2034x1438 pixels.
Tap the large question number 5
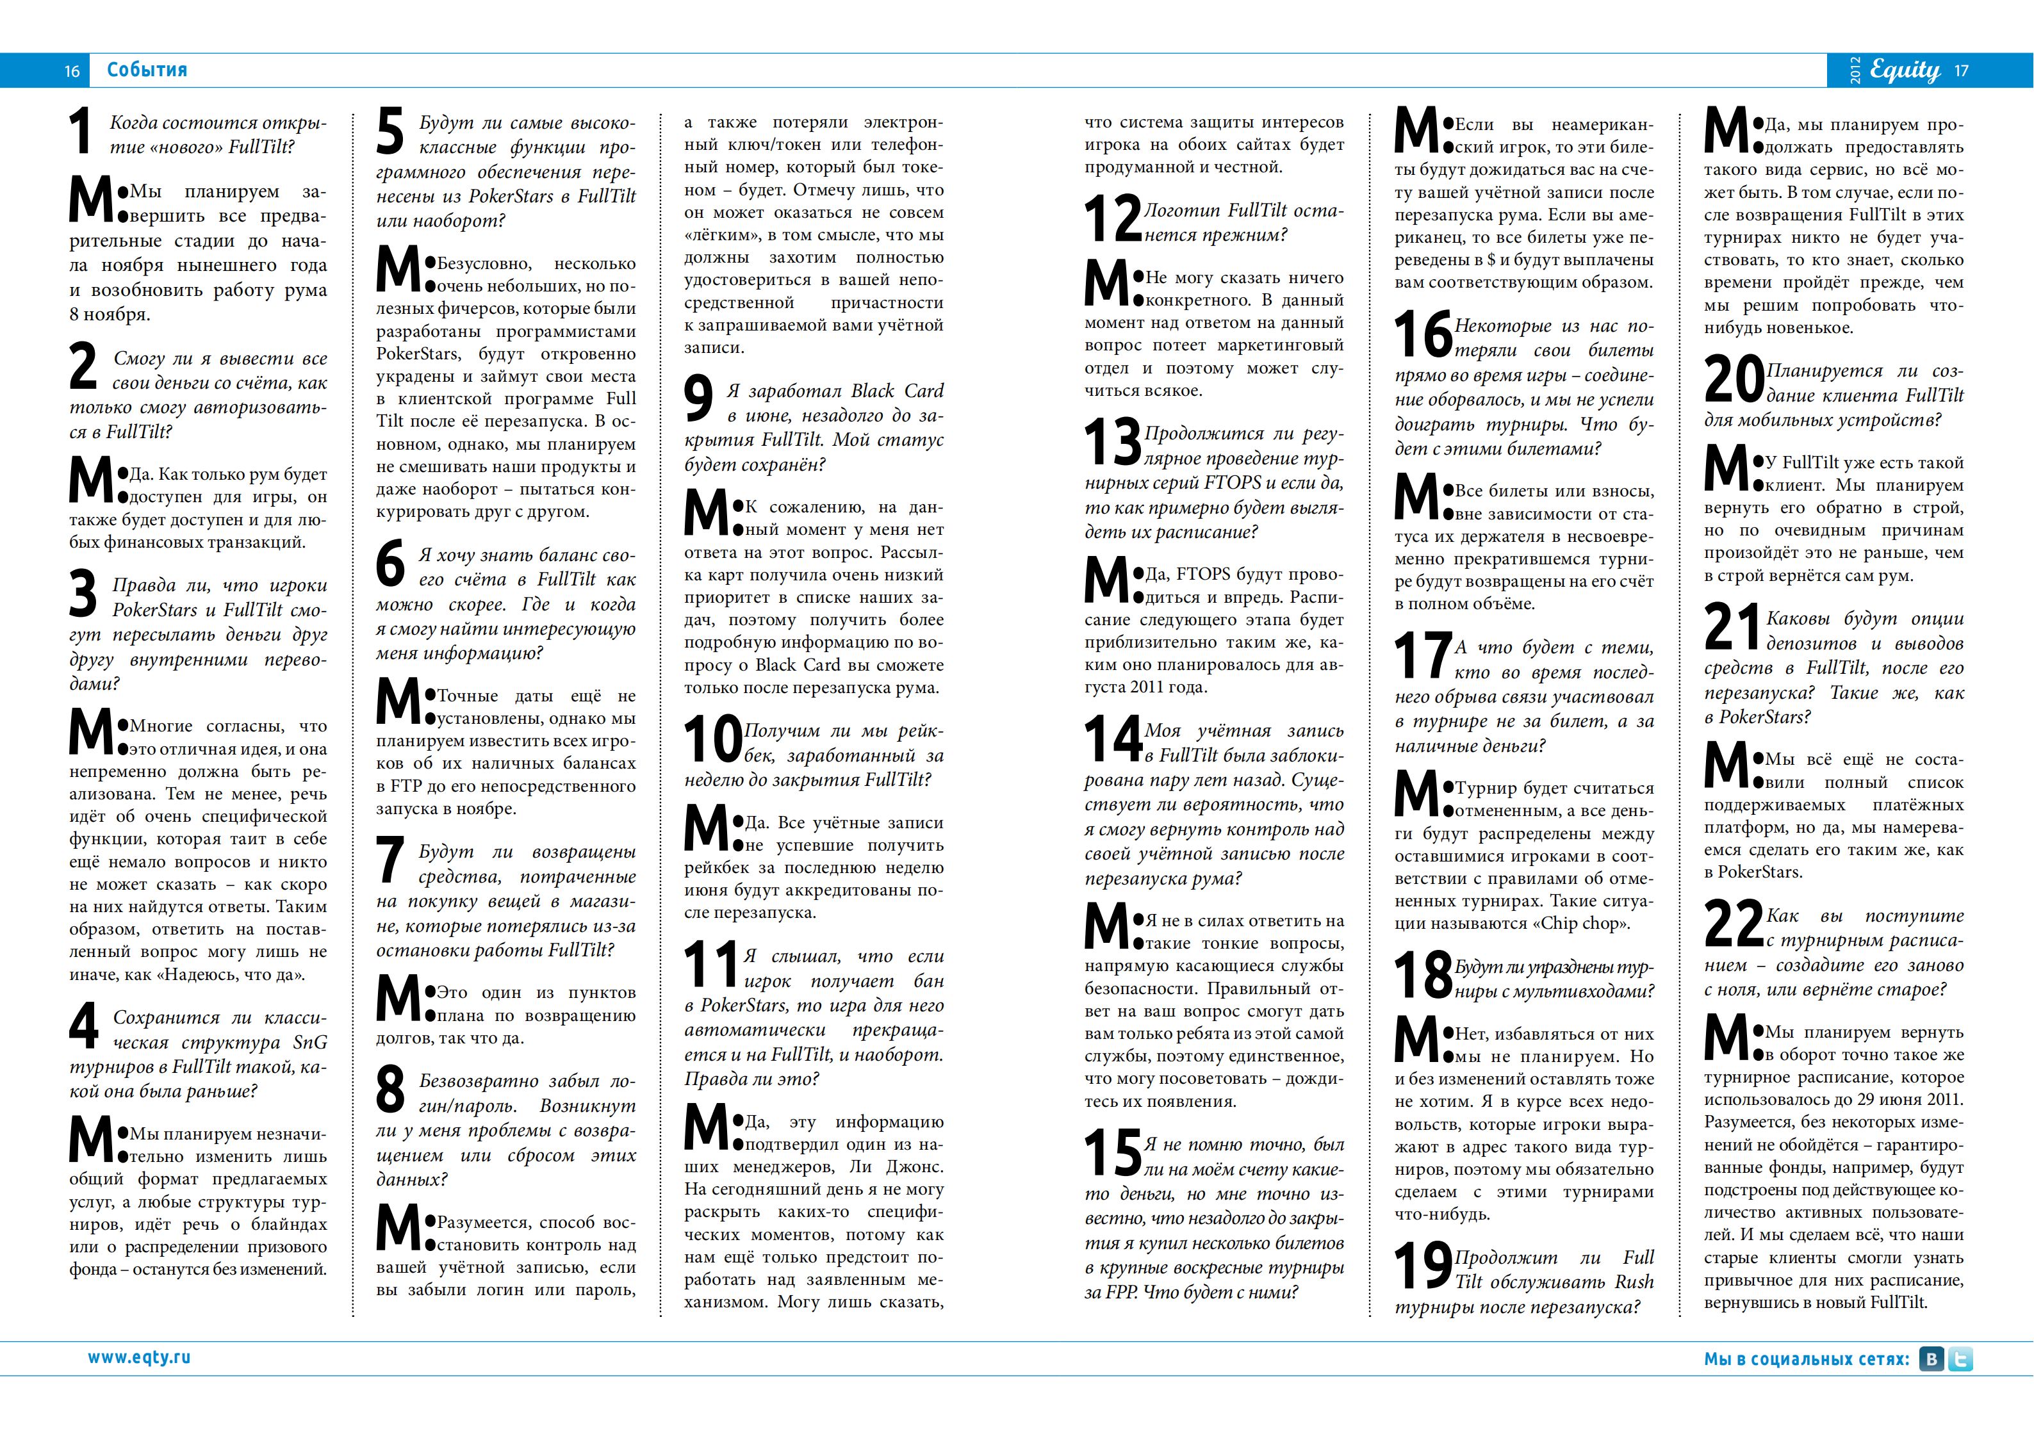390,131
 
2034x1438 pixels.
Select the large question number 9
698,398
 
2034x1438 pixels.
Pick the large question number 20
1734,379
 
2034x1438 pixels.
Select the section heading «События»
147,70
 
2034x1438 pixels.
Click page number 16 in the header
72,71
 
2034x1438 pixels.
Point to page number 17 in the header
1962,71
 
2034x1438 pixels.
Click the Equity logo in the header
1905,70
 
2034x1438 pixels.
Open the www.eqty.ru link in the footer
139,1357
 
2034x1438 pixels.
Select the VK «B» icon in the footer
1931,1359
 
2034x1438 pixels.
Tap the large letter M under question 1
91,199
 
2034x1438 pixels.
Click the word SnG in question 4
310,1042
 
